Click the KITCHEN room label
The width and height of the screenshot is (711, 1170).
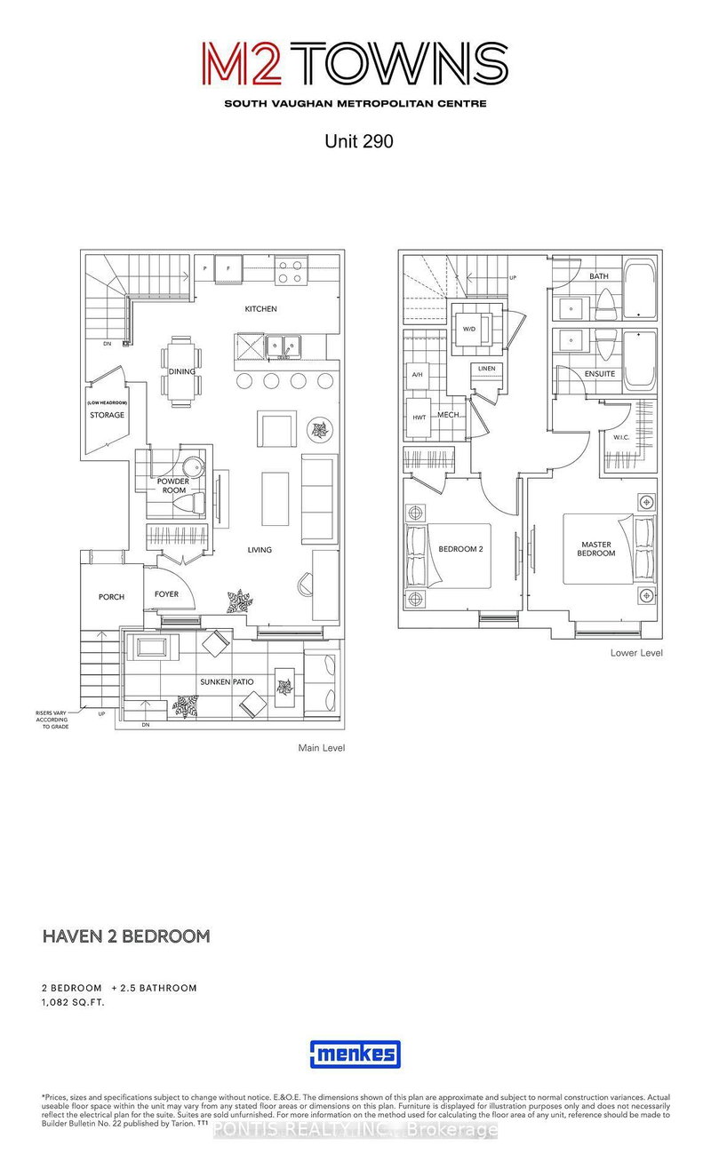261,309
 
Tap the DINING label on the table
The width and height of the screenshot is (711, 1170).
181,372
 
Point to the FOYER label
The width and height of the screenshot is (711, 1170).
167,594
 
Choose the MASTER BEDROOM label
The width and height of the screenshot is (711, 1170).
597,548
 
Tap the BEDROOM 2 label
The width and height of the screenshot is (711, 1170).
460,549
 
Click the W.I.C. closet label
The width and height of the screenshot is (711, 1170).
621,436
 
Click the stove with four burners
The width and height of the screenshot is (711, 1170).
292,271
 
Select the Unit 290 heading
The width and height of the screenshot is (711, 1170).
355,140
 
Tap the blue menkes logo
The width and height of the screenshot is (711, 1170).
355,1055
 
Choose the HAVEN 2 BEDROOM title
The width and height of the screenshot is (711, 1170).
126,935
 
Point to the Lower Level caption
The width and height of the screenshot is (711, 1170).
636,653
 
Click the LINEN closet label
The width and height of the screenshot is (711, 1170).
486,369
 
